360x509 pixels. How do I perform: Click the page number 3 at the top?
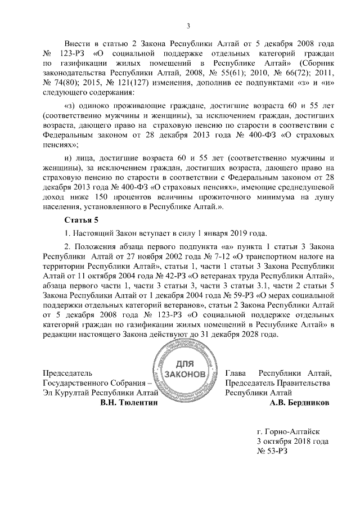(x=188, y=25)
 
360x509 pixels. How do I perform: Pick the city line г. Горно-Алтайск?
(x=287, y=431)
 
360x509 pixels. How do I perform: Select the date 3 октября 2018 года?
(x=292, y=442)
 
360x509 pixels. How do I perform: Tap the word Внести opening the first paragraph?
(x=79, y=43)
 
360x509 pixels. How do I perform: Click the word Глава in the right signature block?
(x=236, y=373)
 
